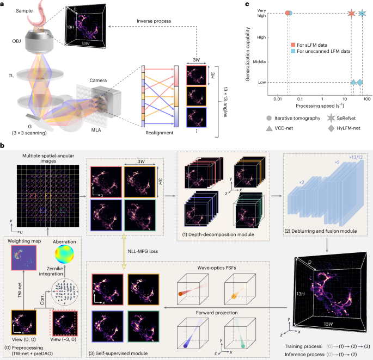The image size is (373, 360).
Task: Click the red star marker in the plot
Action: point(351,13)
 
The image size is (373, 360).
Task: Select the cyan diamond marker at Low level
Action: point(359,82)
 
